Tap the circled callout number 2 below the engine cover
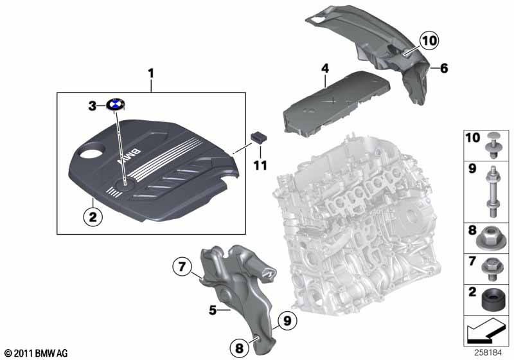click(x=93, y=217)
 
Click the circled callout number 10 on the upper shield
click(x=429, y=40)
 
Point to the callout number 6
click(x=444, y=68)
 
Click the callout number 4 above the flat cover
click(x=325, y=68)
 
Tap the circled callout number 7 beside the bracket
click(x=182, y=267)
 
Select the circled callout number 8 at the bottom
click(x=240, y=348)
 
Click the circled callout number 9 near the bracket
click(x=287, y=320)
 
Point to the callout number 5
click(x=213, y=309)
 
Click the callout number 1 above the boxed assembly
click(x=151, y=73)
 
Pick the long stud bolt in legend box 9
click(x=492, y=192)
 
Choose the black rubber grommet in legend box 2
click(x=493, y=299)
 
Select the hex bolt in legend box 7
click(x=492, y=269)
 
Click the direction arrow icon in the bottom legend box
click(x=484, y=330)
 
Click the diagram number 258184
click(x=488, y=352)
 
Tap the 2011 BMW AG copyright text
click(x=37, y=353)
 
